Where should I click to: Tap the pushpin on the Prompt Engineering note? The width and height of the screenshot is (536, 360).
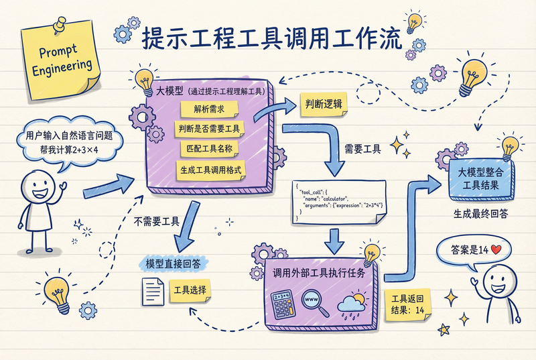[x=60, y=25]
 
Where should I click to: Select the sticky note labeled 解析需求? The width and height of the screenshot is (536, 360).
[x=209, y=109]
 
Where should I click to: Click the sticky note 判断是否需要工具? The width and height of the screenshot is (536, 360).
[x=209, y=129]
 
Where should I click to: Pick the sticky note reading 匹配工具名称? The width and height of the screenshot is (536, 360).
[x=209, y=149]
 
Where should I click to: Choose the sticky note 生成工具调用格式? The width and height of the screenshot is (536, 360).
[x=211, y=170]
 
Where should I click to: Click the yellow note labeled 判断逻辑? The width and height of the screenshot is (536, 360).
[x=324, y=104]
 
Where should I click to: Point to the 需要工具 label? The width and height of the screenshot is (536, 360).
[x=362, y=149]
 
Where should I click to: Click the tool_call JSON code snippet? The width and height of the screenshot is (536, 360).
[x=339, y=202]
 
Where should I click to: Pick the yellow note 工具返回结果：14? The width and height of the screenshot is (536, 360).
[x=407, y=305]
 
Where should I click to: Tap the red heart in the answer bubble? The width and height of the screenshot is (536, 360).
[x=496, y=249]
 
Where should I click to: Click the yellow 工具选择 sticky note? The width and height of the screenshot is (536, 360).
[x=190, y=290]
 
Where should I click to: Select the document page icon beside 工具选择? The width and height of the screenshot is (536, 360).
[x=153, y=291]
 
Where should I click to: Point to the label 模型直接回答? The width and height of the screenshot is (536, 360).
[x=173, y=263]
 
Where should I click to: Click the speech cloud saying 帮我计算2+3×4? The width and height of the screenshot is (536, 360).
[x=70, y=143]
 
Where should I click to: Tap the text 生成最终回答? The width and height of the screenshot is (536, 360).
[x=480, y=214]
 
